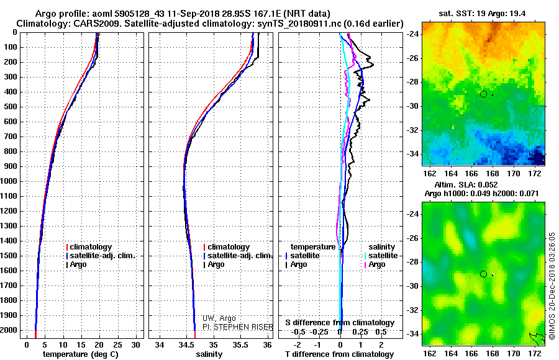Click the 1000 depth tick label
coord(9,181)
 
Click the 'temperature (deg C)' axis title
coord(81,354)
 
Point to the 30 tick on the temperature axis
coord(135,345)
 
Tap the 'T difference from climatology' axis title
coord(339,354)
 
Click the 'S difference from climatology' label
coord(340,323)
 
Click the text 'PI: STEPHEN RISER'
coord(238,327)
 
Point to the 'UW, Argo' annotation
coord(219,318)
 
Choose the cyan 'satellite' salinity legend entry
coord(381,256)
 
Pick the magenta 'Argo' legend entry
coord(375,264)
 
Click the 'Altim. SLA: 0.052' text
coord(466,184)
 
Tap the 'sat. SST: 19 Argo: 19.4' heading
coord(482,14)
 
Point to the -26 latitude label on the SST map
coord(412,58)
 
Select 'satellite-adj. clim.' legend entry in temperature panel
coord(101,256)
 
